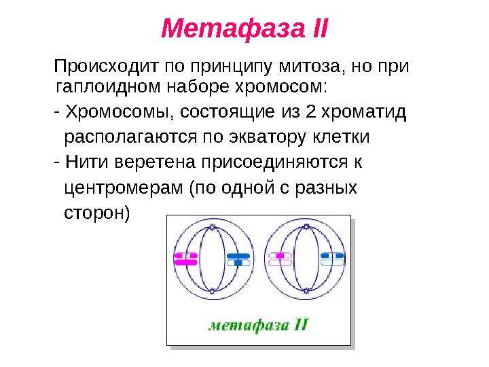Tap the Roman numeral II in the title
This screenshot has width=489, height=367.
pyautogui.click(x=314, y=29)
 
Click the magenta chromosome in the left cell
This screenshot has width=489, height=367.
pyautogui.click(x=185, y=259)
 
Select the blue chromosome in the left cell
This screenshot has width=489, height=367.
pyautogui.click(x=238, y=259)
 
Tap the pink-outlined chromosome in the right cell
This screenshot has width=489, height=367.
pyautogui.click(x=279, y=259)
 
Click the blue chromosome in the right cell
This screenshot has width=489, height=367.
pyautogui.click(x=332, y=259)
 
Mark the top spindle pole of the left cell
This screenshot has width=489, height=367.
pyautogui.click(x=213, y=225)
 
